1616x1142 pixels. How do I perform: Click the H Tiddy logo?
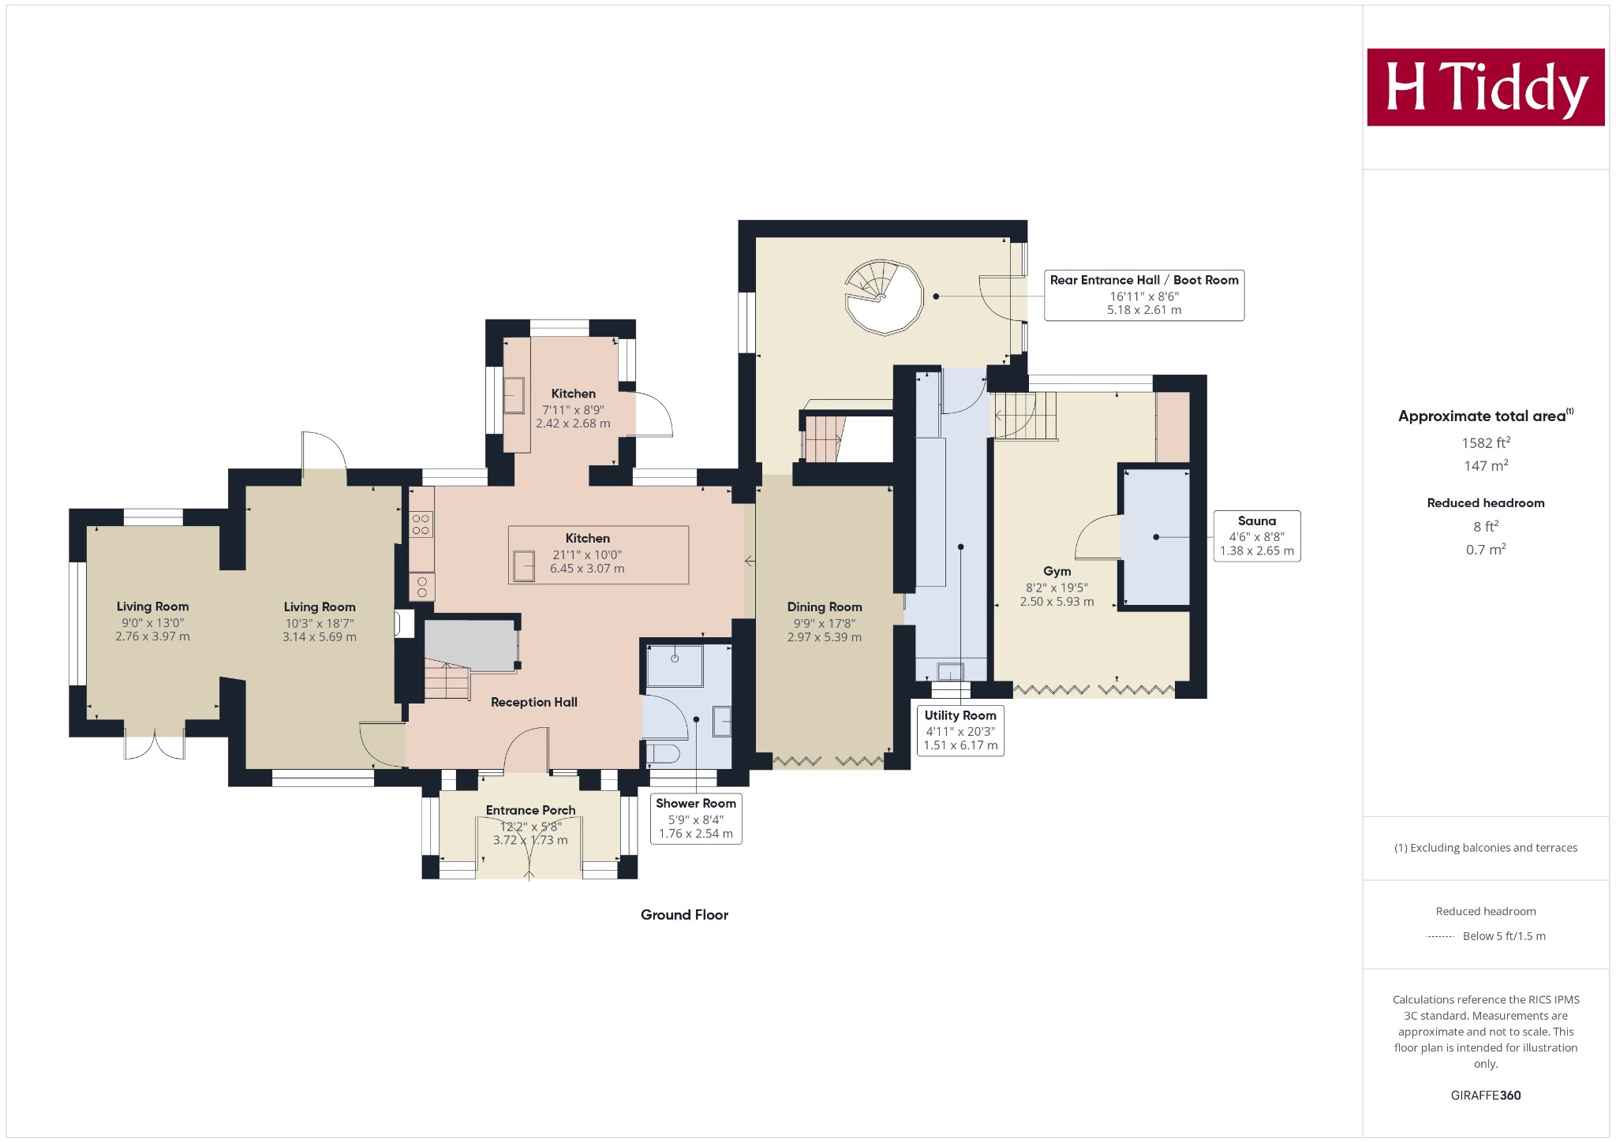[1486, 87]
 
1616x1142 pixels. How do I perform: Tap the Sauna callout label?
[1256, 536]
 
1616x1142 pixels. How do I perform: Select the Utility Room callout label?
[960, 730]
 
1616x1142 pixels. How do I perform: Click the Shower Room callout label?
[696, 819]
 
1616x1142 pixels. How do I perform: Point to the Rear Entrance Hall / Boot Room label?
[1144, 280]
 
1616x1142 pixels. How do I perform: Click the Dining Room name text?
[825, 606]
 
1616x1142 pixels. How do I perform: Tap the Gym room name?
[1057, 571]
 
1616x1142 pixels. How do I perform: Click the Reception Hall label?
[534, 702]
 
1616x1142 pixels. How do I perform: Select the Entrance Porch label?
[530, 810]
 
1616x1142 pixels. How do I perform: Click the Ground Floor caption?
[684, 915]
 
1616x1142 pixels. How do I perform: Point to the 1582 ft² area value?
[1486, 442]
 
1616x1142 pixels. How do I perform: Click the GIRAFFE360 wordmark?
[1486, 1095]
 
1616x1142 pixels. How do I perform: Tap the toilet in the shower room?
[663, 754]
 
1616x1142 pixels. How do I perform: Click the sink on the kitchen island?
[523, 566]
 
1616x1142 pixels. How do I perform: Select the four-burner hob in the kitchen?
[421, 524]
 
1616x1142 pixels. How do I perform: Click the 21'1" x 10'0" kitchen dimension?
[587, 554]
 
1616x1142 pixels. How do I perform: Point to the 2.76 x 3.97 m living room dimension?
[152, 636]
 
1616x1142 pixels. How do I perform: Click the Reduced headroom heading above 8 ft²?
[1486, 503]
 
